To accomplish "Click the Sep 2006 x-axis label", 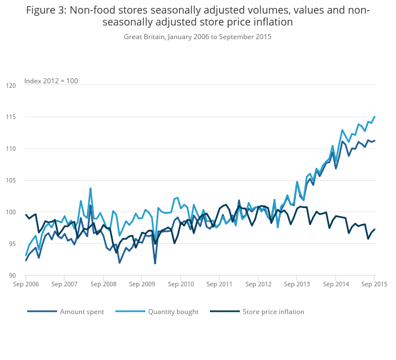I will (26, 283).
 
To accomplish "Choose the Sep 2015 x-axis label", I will (375, 283).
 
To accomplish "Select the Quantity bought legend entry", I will (173, 311).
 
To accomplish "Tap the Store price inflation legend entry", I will (273, 311).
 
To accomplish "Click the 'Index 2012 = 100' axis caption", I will (51, 81).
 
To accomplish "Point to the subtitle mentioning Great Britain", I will (197, 37).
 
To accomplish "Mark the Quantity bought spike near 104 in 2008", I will (91, 188).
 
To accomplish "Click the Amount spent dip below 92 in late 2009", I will (155, 263).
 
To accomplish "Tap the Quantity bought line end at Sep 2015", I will (375, 117).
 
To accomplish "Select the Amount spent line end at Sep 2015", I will (375, 141).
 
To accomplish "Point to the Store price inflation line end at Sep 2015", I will (375, 229).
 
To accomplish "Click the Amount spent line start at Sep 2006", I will (26, 260).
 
